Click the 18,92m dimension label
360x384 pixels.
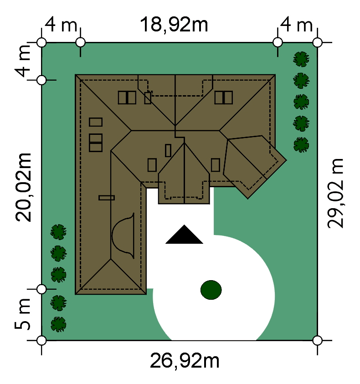click(174, 25)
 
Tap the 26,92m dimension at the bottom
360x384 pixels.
click(185, 360)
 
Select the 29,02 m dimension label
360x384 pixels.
click(335, 194)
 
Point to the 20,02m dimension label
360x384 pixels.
click(23, 187)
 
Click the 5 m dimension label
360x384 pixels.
click(22, 314)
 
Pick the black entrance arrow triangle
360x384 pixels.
click(184, 235)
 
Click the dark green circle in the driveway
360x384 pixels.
click(211, 290)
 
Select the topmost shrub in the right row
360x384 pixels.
click(301, 59)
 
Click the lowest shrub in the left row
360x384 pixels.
click(58, 324)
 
